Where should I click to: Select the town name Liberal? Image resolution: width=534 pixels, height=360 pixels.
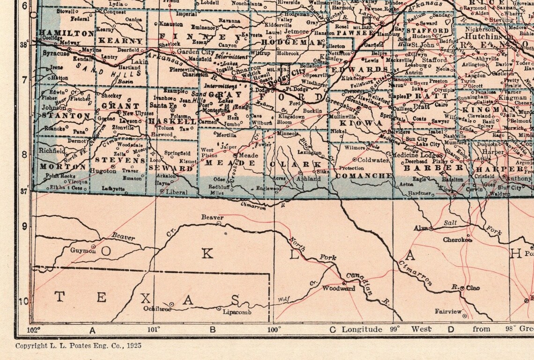click(177, 192)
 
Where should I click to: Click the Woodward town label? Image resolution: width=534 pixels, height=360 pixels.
click(339, 288)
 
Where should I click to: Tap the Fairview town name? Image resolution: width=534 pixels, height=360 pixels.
click(448, 311)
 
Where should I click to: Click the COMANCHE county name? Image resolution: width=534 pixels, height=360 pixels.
click(364, 176)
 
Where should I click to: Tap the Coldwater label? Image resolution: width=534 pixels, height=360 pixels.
click(373, 160)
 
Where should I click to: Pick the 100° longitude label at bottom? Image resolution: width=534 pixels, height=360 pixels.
click(274, 329)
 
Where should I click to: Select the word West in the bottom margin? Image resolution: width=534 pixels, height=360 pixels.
click(421, 329)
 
